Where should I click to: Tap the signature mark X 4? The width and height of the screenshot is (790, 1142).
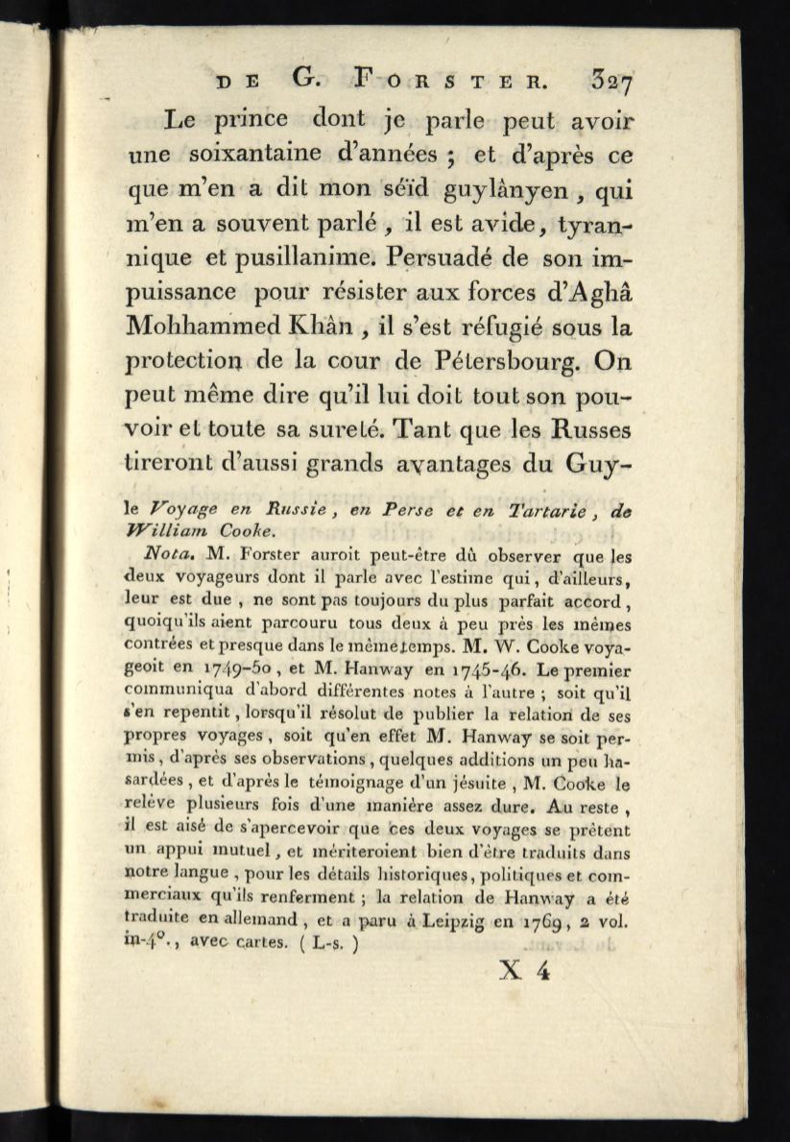(x=524, y=971)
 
